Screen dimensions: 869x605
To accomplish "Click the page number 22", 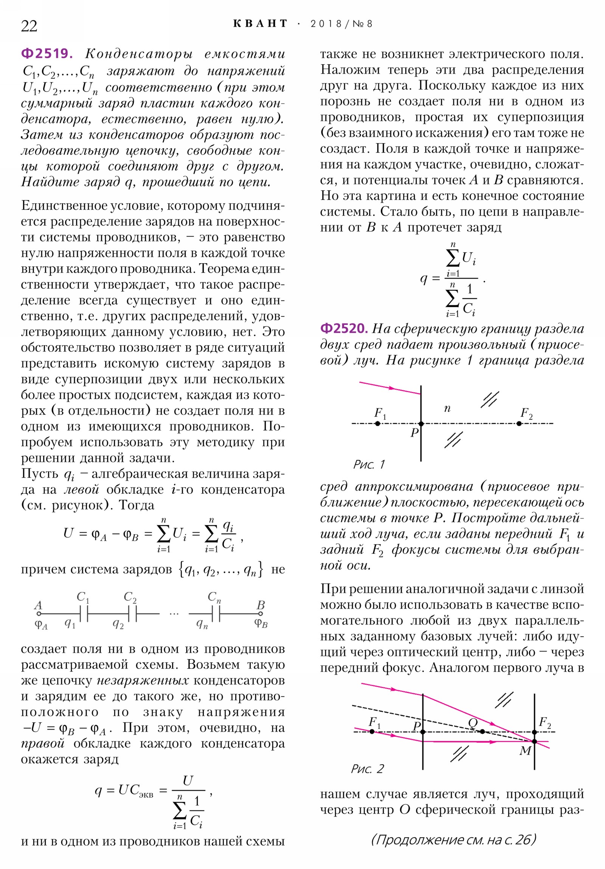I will coord(29,26).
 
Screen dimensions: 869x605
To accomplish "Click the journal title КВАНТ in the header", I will coord(260,24).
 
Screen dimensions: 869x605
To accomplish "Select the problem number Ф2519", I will coord(46,53).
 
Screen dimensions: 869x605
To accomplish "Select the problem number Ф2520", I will coord(343,328).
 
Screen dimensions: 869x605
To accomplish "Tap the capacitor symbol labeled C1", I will coord(84,614).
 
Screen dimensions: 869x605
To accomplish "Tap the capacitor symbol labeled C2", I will coord(133,614).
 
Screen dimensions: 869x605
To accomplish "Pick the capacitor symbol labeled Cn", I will coord(216,614).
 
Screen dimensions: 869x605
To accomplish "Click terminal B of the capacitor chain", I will coord(261,614).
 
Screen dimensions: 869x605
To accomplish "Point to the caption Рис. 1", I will coord(369,464).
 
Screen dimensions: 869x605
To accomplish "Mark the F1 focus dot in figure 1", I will coord(377,424).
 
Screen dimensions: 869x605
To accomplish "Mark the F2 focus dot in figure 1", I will coord(519,424).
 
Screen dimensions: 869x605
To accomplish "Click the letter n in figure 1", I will coord(447,408).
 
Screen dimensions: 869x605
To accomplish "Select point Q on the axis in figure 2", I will coord(482,731).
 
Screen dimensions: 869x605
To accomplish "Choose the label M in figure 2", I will coord(525,750).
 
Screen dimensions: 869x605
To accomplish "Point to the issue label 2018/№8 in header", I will coord(341,24).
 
